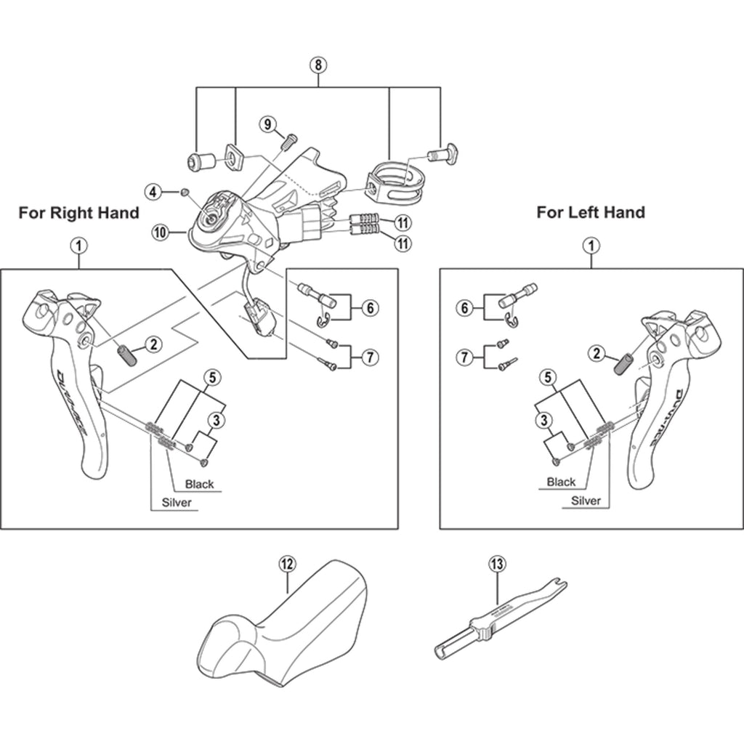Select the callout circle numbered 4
coord(152,192)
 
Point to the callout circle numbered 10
coord(161,232)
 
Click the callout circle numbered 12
coord(286,563)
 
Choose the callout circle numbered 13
coord(497,563)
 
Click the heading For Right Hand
coord(78,213)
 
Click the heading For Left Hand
coord(591,213)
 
